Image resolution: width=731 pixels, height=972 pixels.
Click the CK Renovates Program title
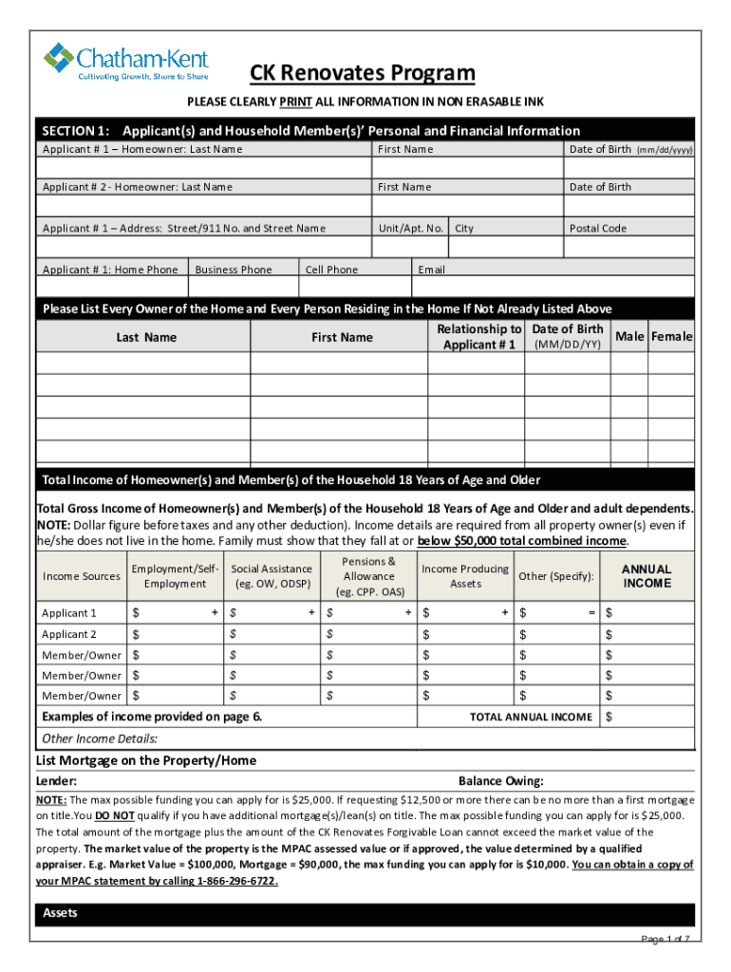(362, 74)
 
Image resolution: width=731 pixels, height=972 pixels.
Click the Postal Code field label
(598, 228)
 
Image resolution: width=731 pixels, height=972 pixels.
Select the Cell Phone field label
(331, 270)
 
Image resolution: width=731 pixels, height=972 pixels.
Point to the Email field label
(432, 270)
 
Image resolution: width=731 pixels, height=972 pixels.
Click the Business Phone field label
(233, 270)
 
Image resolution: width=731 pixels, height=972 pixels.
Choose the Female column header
(671, 337)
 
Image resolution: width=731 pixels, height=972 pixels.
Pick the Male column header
(629, 337)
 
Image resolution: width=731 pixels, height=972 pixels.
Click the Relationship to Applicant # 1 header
(478, 337)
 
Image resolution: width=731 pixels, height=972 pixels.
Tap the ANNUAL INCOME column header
(647, 576)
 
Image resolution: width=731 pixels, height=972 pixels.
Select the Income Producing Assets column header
(465, 576)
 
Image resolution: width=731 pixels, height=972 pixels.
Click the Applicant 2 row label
(69, 634)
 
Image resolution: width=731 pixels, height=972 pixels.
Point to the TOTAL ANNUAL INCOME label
(531, 718)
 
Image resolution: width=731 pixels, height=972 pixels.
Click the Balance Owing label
(500, 781)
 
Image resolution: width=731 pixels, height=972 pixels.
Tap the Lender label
(57, 781)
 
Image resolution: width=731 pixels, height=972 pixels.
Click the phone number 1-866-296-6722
(241, 880)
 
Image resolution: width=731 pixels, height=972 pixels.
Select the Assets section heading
(61, 913)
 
